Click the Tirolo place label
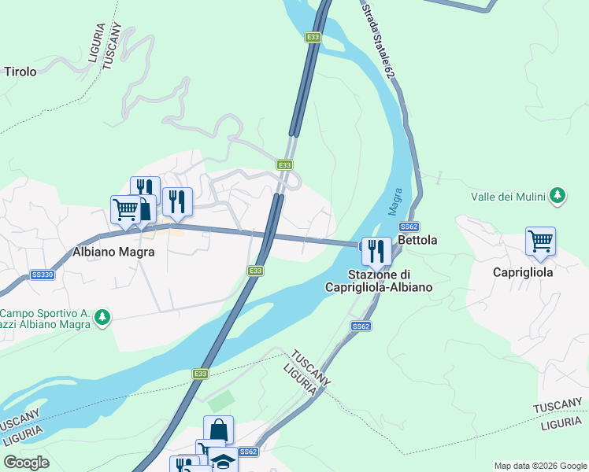20,72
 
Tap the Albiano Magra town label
113,253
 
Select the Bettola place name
418,239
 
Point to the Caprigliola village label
523,271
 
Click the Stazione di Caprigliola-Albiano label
379,281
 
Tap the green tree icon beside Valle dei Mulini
558,195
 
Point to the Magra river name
395,202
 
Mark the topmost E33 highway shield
313,37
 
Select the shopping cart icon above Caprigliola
540,241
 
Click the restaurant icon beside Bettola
376,251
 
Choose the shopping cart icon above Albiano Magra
125,210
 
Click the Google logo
27,463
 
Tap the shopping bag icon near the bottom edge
218,430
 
